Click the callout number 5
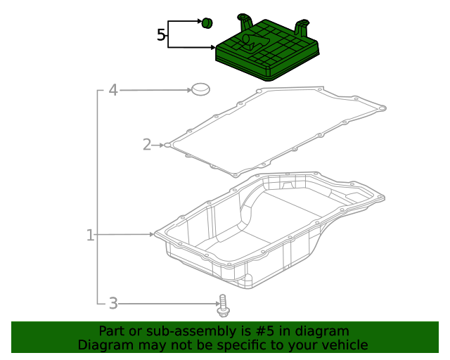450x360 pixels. (161, 34)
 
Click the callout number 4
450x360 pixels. (112, 90)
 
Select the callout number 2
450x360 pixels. (147, 145)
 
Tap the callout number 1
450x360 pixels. (90, 235)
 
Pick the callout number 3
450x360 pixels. (112, 304)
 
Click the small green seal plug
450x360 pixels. (207, 23)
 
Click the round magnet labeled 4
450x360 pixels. (200, 89)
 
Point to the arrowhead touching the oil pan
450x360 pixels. (151, 234)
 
